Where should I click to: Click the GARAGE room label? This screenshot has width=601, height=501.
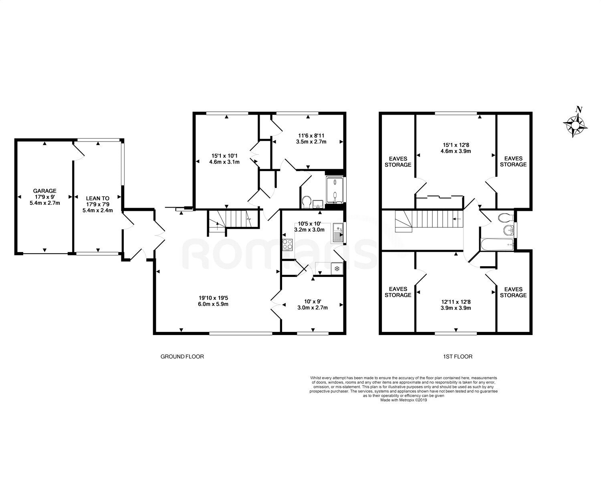[x=44, y=191]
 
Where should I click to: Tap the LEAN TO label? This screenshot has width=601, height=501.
[x=98, y=198]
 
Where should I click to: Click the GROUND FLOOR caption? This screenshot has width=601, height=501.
[x=182, y=356]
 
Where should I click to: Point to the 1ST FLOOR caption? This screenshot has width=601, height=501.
[x=458, y=356]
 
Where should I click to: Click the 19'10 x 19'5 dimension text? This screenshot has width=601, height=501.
[x=213, y=298]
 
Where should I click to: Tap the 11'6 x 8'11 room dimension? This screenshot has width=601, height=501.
[x=311, y=135]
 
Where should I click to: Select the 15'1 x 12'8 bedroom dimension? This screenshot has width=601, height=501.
[x=456, y=145]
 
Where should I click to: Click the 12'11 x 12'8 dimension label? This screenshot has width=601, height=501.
[x=456, y=302]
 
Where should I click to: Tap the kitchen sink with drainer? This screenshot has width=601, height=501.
[x=338, y=232]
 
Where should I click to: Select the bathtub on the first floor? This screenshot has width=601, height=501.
[x=497, y=244]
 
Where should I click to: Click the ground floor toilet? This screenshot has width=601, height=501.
[x=307, y=202]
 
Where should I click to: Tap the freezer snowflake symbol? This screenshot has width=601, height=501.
[x=337, y=269]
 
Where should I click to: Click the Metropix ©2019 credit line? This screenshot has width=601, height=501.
[x=403, y=400]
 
